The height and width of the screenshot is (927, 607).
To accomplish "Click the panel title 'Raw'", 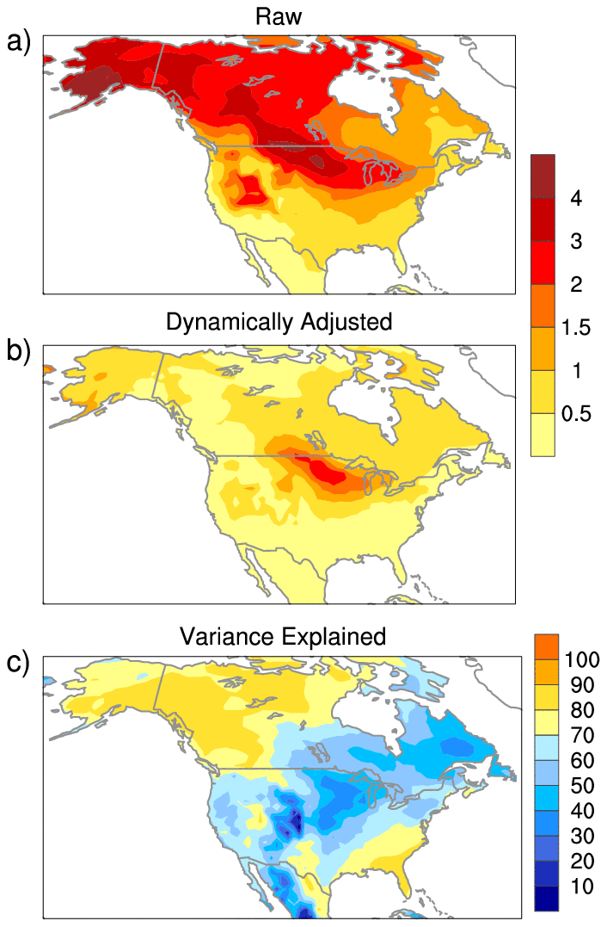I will coord(279,16).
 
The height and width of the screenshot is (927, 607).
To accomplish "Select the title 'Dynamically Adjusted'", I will coord(279,323).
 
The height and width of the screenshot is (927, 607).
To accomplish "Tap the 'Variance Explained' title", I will coord(283,637).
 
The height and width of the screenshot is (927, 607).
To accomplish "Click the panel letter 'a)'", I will coord(19,40).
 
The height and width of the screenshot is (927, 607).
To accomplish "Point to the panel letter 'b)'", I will coord(19,351).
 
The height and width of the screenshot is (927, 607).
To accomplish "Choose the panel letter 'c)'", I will coord(19,664).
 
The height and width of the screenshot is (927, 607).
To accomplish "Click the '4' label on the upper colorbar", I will coord(576,199).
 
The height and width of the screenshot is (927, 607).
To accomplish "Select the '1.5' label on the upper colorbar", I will coord(576,328).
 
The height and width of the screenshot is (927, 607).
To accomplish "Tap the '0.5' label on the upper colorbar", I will coord(576,414).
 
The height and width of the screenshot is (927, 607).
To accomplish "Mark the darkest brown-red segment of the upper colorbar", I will coord(543,176).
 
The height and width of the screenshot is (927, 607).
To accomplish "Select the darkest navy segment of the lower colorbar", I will coord(547,898).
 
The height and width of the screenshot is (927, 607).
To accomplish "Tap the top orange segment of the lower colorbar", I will coord(547,646).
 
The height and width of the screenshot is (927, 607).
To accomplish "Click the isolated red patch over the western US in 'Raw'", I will coord(252,188).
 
